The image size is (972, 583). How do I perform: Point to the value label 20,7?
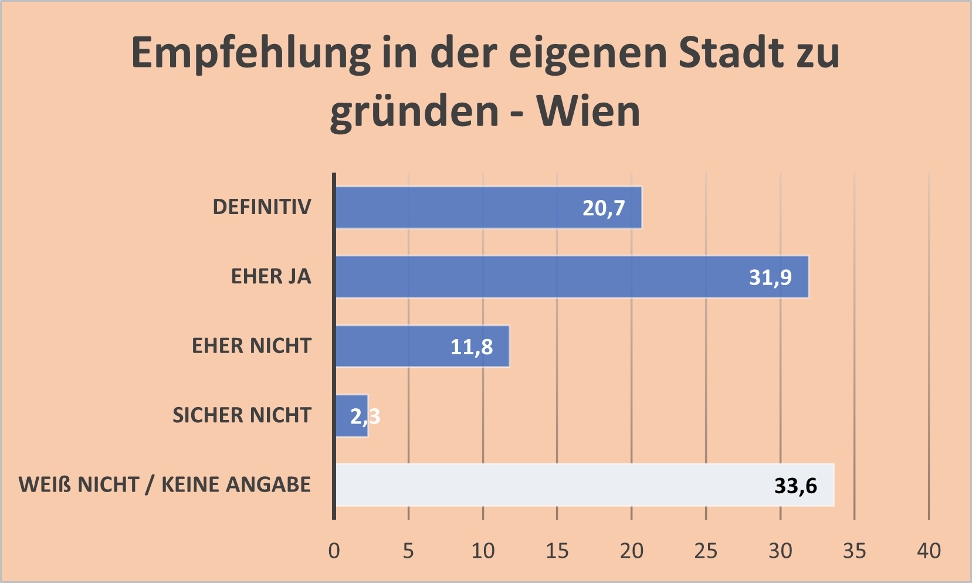point(604,208)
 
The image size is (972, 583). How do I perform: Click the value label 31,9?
point(770,277)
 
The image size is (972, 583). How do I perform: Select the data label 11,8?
point(471,347)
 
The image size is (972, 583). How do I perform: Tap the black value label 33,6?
point(795,486)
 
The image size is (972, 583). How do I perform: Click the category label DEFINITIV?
point(262,207)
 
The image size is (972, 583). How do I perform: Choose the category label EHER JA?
point(271,276)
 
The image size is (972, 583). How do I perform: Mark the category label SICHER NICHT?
point(242,415)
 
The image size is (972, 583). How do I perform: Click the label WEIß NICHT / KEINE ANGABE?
point(165,485)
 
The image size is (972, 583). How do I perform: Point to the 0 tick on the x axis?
point(334,551)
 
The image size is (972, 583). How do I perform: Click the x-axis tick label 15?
point(557,551)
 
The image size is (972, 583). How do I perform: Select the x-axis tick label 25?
point(706,551)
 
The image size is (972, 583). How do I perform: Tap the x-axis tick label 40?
point(929,551)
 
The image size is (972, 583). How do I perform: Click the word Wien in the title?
point(588,111)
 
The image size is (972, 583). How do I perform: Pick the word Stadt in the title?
point(731,53)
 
